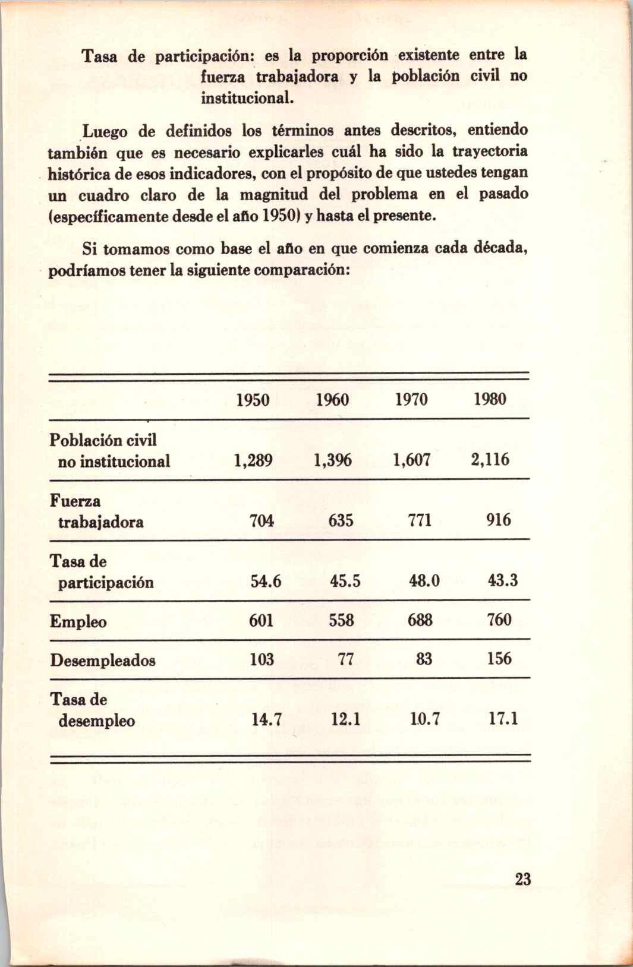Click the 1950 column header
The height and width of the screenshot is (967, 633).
253,400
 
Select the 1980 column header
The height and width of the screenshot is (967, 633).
490,399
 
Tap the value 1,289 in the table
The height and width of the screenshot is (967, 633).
253,461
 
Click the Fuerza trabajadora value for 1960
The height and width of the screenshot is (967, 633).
341,521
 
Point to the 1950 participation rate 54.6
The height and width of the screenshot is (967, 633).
266,581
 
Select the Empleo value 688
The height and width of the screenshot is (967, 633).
420,620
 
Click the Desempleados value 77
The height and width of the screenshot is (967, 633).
346,659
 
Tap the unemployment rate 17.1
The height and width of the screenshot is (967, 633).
503,719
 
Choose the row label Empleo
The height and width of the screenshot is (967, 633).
78,622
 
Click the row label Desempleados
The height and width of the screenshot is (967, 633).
103,661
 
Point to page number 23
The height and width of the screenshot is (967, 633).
522,880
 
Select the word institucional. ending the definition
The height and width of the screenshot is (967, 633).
248,96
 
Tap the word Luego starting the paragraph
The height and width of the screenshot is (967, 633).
102,129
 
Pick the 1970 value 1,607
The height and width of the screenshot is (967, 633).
411,460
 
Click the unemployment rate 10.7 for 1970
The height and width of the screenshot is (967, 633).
424,720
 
